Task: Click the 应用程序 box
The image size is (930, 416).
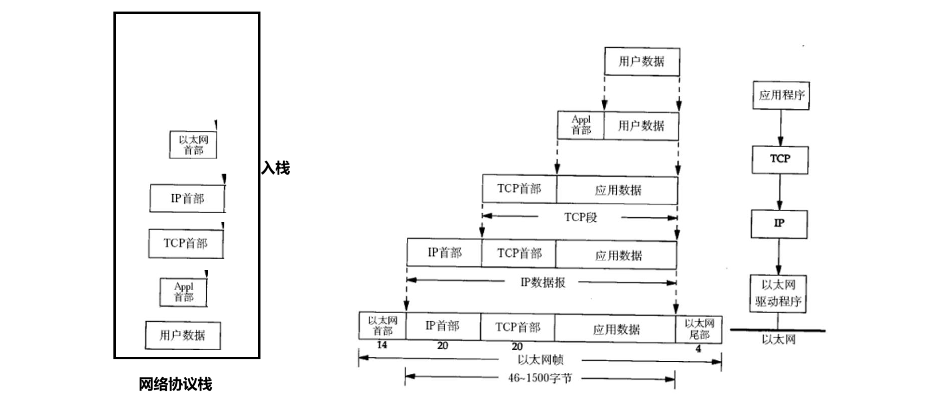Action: (x=780, y=95)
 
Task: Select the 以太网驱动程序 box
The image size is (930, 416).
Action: (x=778, y=294)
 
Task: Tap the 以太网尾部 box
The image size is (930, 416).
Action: (x=699, y=329)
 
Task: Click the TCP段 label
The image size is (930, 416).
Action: (x=580, y=217)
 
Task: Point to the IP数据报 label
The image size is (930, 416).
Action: (x=543, y=283)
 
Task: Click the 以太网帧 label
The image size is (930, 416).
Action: (x=540, y=360)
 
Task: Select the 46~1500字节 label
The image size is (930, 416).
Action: (x=540, y=378)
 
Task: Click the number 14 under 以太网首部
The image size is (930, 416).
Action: (x=381, y=345)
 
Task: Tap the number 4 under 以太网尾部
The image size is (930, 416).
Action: (x=698, y=349)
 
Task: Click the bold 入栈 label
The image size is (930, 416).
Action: (x=276, y=168)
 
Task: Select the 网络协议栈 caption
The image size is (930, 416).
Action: (x=176, y=384)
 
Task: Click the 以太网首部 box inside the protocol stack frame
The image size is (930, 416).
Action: (x=193, y=145)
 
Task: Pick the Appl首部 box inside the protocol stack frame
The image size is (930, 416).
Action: (x=183, y=292)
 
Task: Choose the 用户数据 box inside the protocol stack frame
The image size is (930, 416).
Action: (x=183, y=335)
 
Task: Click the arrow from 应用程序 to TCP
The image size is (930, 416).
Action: (x=780, y=128)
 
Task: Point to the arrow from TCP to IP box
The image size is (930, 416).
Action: (x=779, y=192)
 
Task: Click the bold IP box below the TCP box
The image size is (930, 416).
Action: (x=779, y=223)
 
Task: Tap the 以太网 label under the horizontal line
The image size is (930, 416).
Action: (x=778, y=340)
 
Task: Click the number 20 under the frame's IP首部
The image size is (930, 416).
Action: (x=442, y=346)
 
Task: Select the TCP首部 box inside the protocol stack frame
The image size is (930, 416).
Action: (x=186, y=243)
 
